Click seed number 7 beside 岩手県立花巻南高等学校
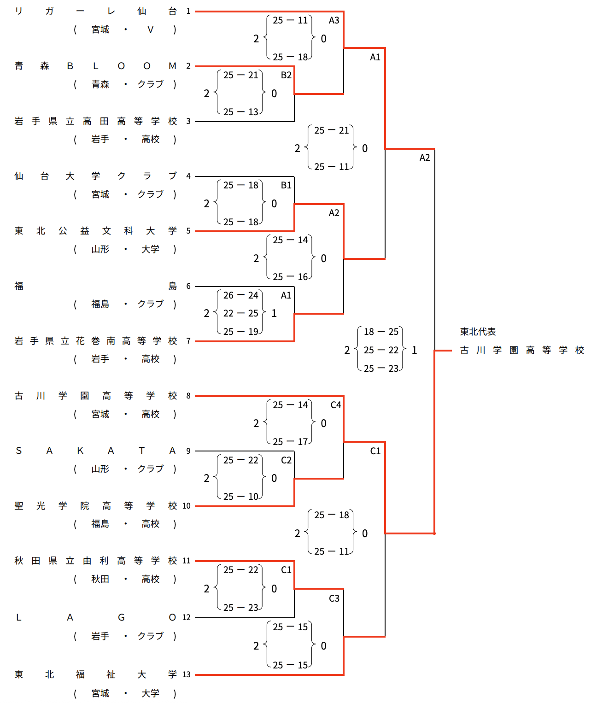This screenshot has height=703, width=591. pyautogui.click(x=188, y=341)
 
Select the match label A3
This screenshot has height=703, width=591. pyautogui.click(x=334, y=20)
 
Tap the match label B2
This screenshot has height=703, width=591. pyautogui.click(x=286, y=75)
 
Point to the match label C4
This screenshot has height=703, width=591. pyautogui.click(x=336, y=405)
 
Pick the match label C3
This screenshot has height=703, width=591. pyautogui.click(x=334, y=598)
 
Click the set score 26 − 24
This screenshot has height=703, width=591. pyautogui.click(x=240, y=295)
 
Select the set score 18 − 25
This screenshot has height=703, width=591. pyautogui.click(x=381, y=332)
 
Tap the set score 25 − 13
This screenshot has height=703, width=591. pyautogui.click(x=240, y=112)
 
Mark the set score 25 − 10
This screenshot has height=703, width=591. pyautogui.click(x=240, y=497)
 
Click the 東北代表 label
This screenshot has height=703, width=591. pyautogui.click(x=478, y=332)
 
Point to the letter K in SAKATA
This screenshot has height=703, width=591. pyautogui.click(x=80, y=451)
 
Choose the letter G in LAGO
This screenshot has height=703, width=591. pyautogui.click(x=121, y=617)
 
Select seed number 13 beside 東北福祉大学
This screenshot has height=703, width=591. pyautogui.click(x=187, y=674)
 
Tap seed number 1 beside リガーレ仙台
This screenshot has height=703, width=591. pyautogui.click(x=188, y=11)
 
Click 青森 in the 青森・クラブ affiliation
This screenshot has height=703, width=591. pyautogui.click(x=100, y=84)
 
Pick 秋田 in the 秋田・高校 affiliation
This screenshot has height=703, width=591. pyautogui.click(x=100, y=579)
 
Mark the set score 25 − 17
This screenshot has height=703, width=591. pyautogui.click(x=290, y=442)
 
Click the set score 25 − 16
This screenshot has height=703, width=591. pyautogui.click(x=290, y=277)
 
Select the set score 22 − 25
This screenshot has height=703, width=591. pyautogui.click(x=240, y=313)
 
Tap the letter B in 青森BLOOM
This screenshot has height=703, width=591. pyautogui.click(x=70, y=66)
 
